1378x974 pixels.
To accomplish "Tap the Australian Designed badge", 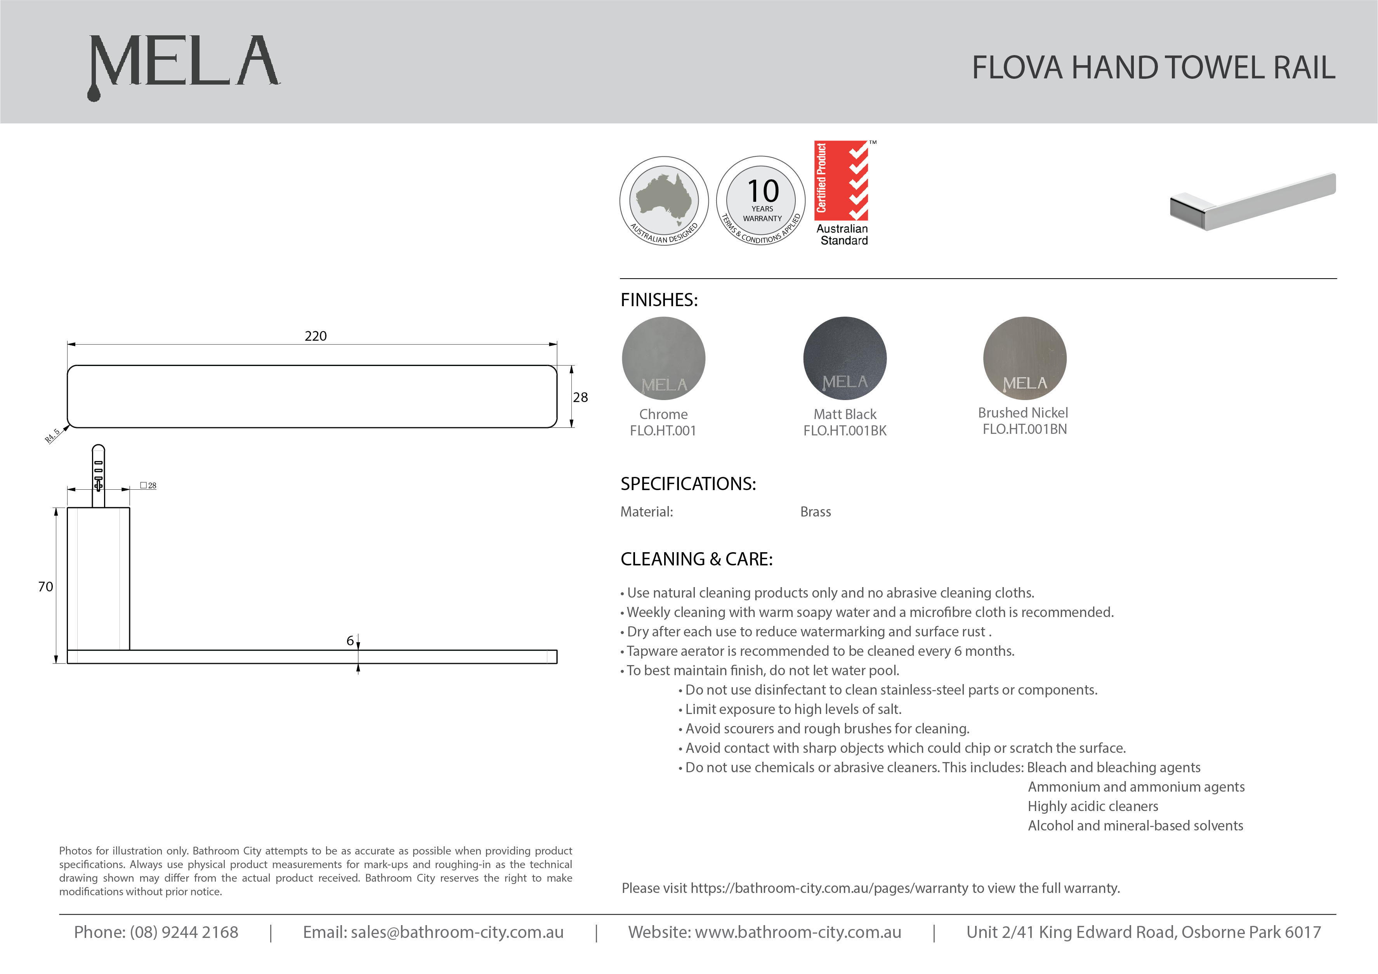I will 664,201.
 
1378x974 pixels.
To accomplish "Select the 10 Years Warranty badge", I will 761,201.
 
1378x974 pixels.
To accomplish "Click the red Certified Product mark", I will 842,181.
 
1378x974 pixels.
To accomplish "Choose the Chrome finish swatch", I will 663,358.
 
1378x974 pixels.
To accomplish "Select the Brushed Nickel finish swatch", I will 1024,358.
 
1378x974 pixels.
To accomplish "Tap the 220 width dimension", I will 316,336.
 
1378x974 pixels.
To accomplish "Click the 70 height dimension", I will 46,587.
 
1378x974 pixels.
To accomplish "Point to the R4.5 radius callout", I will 53,435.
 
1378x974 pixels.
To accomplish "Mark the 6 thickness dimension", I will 350,641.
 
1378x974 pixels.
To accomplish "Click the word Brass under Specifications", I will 815,512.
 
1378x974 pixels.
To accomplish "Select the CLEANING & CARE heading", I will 696,559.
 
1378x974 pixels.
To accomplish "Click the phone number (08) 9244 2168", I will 184,932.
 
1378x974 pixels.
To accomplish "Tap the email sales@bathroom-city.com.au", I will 457,932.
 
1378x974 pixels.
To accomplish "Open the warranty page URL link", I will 831,888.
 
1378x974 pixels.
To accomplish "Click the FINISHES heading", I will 659,300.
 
